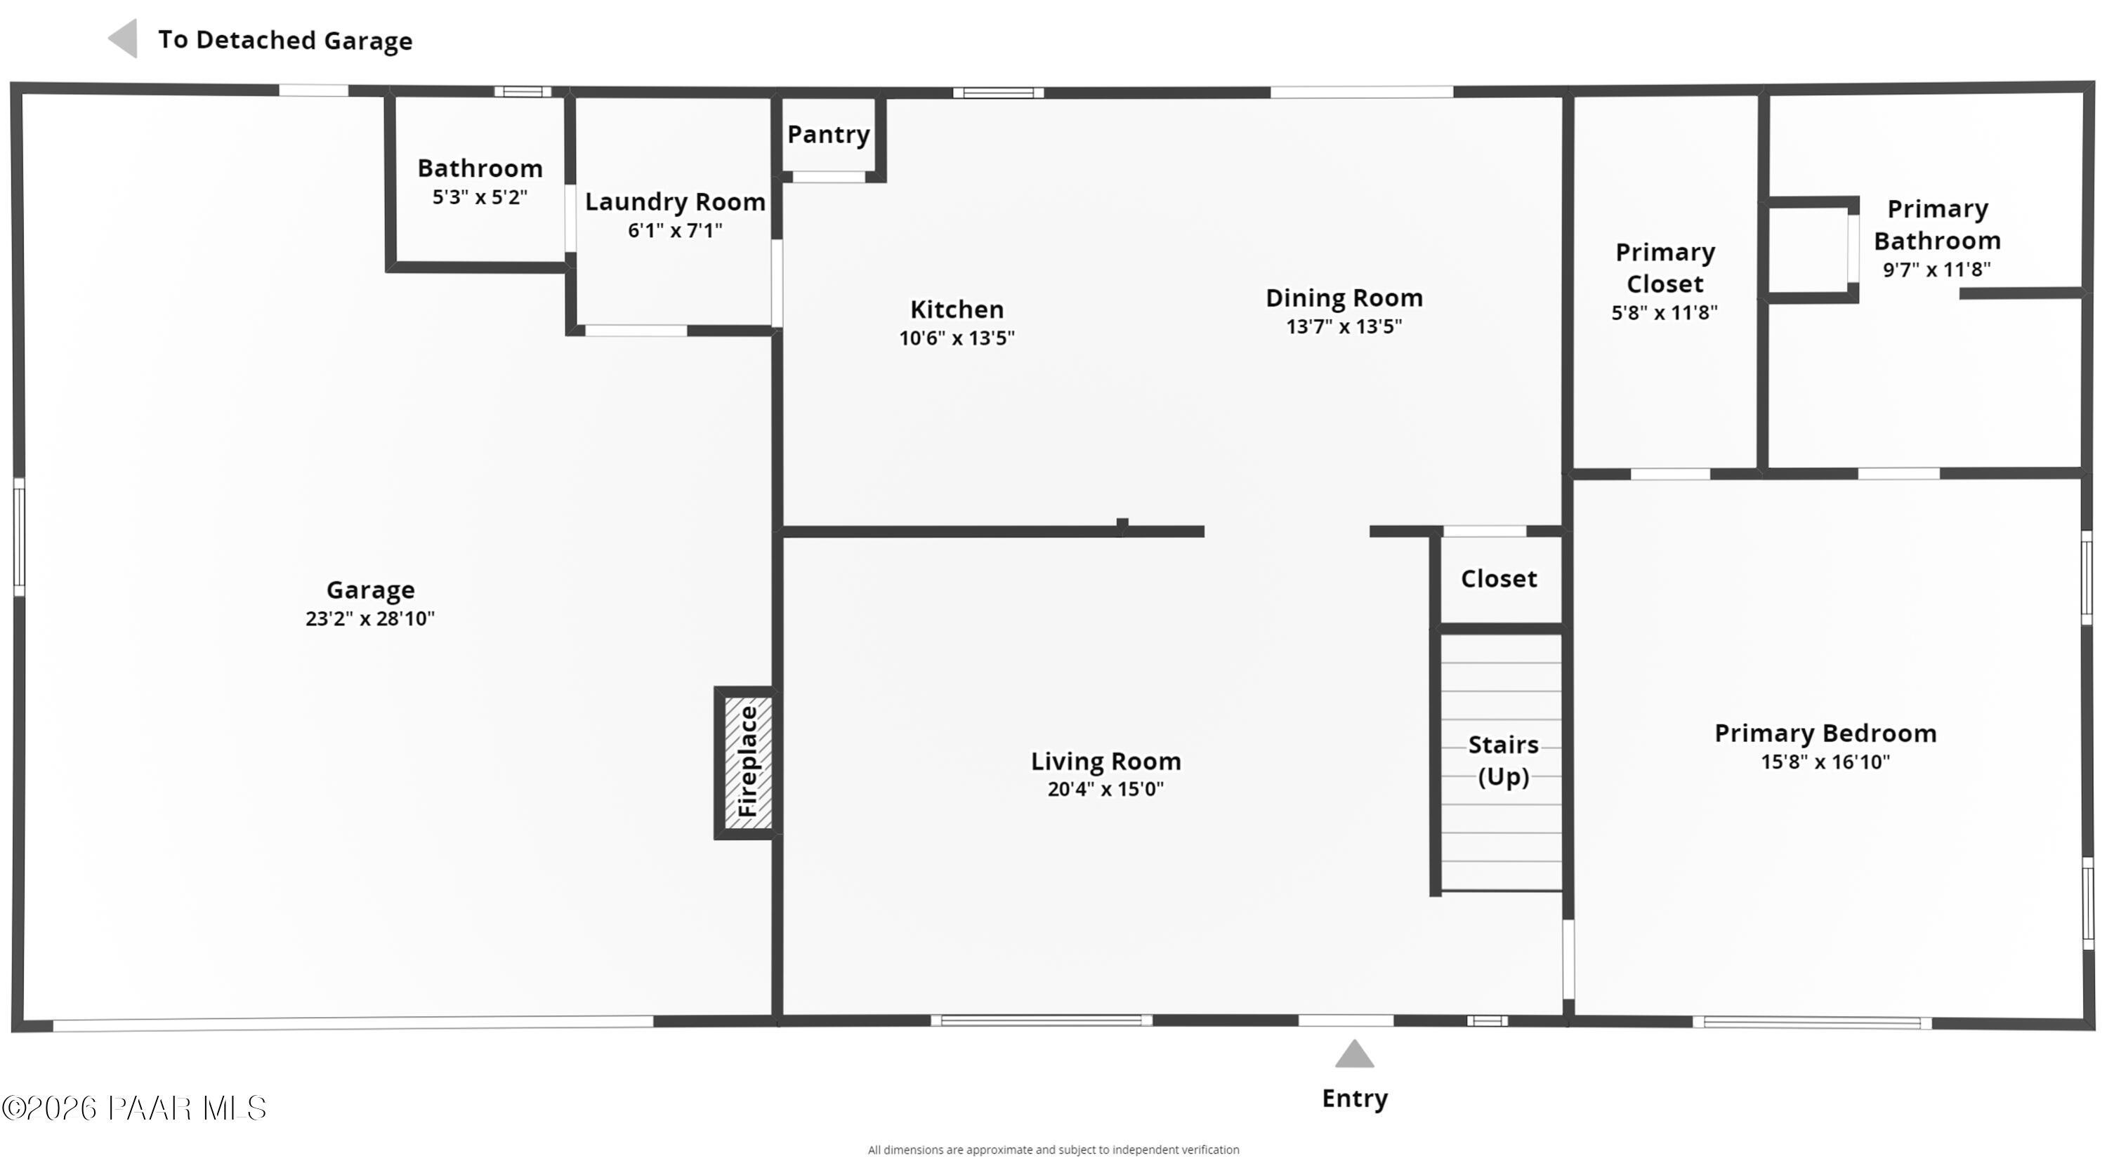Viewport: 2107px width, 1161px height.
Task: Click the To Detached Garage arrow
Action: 124,39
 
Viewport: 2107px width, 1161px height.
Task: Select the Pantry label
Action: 828,134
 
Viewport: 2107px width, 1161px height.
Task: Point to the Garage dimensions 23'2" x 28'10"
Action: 369,618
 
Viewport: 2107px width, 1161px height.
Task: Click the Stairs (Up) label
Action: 1502,759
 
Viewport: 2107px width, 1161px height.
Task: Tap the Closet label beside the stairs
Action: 1499,579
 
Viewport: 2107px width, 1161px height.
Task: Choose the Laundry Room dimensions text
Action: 675,230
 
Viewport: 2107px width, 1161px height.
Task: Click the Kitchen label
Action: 956,309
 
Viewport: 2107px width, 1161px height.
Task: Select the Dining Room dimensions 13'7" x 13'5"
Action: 1344,326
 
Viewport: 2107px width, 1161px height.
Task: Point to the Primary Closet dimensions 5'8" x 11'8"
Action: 1664,312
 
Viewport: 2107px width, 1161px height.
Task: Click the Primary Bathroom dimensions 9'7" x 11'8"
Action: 1936,270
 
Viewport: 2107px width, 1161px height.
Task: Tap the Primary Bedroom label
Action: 1825,733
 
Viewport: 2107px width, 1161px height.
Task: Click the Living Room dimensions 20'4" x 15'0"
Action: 1105,789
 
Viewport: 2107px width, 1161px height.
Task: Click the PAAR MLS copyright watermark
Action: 134,1108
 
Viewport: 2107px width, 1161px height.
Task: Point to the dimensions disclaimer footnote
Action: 1053,1150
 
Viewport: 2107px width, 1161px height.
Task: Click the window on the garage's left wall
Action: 19,536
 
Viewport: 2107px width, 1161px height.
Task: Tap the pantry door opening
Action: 829,177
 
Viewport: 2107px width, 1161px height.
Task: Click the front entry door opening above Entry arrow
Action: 1346,1021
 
